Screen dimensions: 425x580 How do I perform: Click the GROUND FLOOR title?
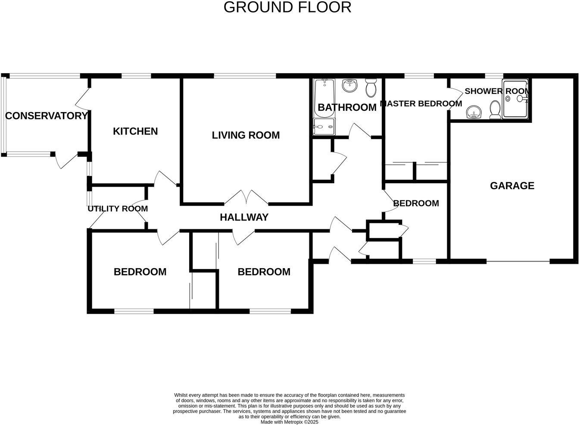[x=287, y=7]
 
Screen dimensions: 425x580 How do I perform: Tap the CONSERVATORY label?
[x=46, y=116]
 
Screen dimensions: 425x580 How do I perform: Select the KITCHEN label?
[x=135, y=131]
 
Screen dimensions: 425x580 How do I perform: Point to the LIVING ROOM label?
[x=246, y=135]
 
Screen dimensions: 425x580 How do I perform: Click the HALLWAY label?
[x=244, y=217]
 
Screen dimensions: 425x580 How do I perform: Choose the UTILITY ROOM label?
[x=118, y=209]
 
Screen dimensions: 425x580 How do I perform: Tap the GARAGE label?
[x=512, y=186]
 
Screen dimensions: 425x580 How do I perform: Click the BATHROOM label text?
[x=347, y=107]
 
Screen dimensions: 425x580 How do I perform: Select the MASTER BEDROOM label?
[x=421, y=104]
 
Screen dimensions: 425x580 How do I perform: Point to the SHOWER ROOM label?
[x=497, y=91]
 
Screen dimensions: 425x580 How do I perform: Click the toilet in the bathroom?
[x=371, y=87]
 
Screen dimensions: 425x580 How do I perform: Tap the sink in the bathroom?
[x=350, y=85]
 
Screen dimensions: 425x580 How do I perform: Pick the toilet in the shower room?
[x=495, y=110]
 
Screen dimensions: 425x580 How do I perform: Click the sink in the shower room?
[x=474, y=112]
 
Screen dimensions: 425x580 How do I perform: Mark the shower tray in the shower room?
[x=515, y=99]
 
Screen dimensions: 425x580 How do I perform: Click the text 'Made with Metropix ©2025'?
[x=289, y=422]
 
